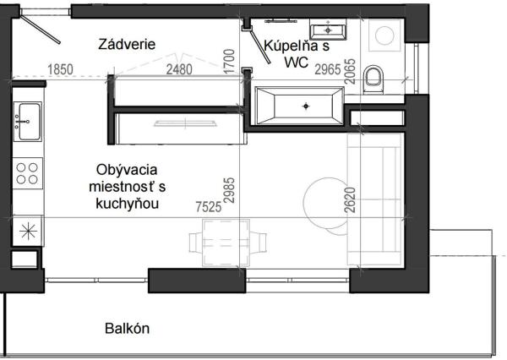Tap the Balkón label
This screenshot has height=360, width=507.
[x=128, y=328]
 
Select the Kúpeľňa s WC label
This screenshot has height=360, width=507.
[x=293, y=54]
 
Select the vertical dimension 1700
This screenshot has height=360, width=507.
[x=230, y=63]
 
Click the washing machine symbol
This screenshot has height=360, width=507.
[x=384, y=36]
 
